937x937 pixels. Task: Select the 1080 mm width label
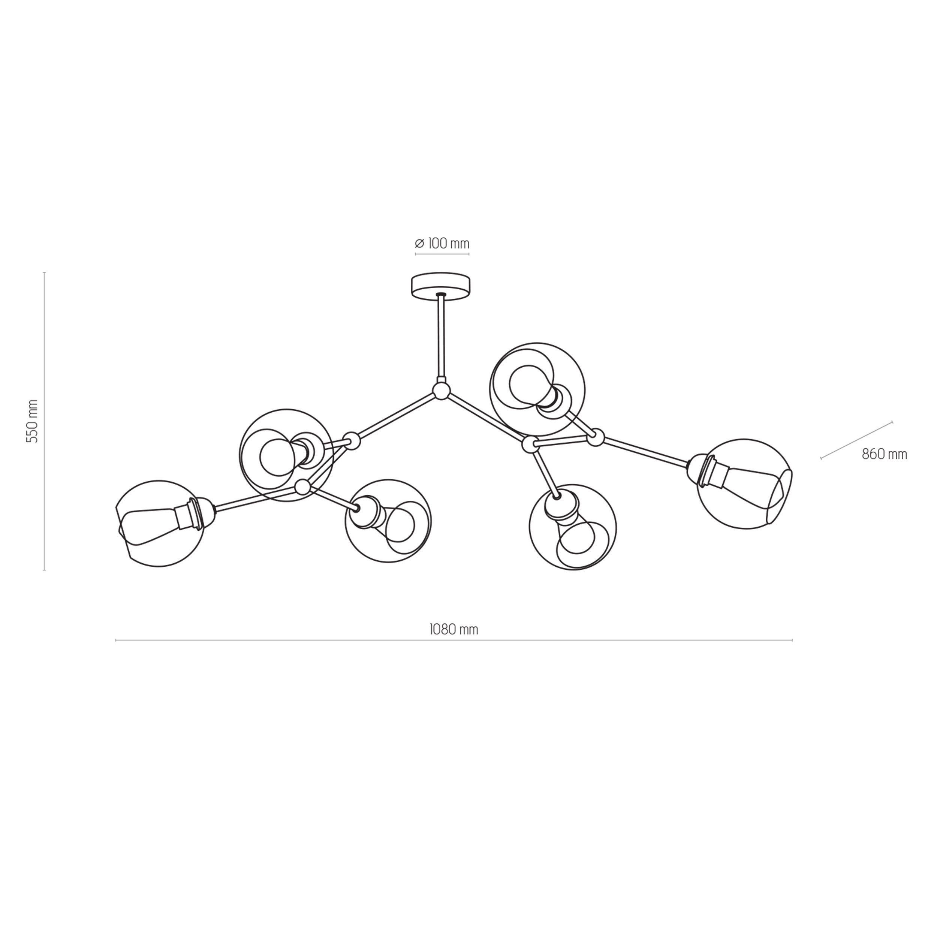[454, 630]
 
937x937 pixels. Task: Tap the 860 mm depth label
[884, 454]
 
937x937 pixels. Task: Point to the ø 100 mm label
[442, 243]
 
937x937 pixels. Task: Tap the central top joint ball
[442, 391]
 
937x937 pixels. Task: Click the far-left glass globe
[160, 524]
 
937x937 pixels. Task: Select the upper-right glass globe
[537, 389]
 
